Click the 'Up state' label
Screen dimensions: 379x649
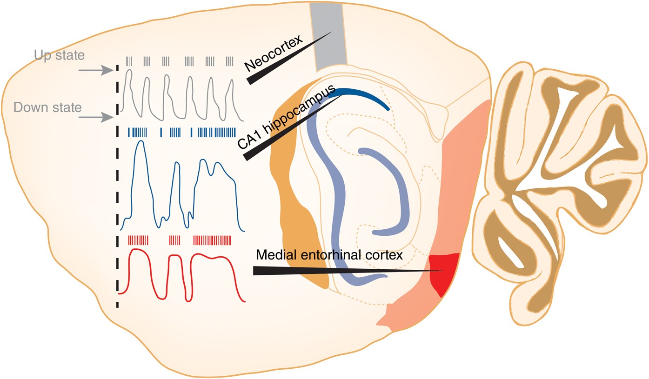[x=59, y=55]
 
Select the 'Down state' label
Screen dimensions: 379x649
[x=47, y=107]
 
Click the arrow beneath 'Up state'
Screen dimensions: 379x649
[x=95, y=71]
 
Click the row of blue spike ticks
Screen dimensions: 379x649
[x=181, y=133]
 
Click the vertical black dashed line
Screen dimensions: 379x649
[x=117, y=186]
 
